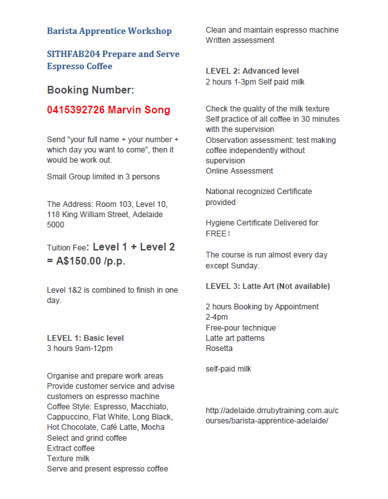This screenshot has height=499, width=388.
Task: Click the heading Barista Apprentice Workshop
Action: [109, 31]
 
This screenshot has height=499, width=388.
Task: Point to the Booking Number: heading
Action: [90, 90]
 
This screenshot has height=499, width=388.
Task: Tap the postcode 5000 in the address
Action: [56, 225]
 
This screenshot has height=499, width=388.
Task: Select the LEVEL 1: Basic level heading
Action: [85, 338]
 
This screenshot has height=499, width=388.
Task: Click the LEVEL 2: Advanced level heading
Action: [252, 71]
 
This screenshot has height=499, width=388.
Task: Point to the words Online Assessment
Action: [239, 171]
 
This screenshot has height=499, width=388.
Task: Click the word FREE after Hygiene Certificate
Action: [217, 234]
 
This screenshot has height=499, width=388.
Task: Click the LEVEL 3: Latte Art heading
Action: [268, 286]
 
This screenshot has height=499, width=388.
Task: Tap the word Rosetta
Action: [219, 348]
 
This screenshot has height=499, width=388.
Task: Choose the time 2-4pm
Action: [216, 317]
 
